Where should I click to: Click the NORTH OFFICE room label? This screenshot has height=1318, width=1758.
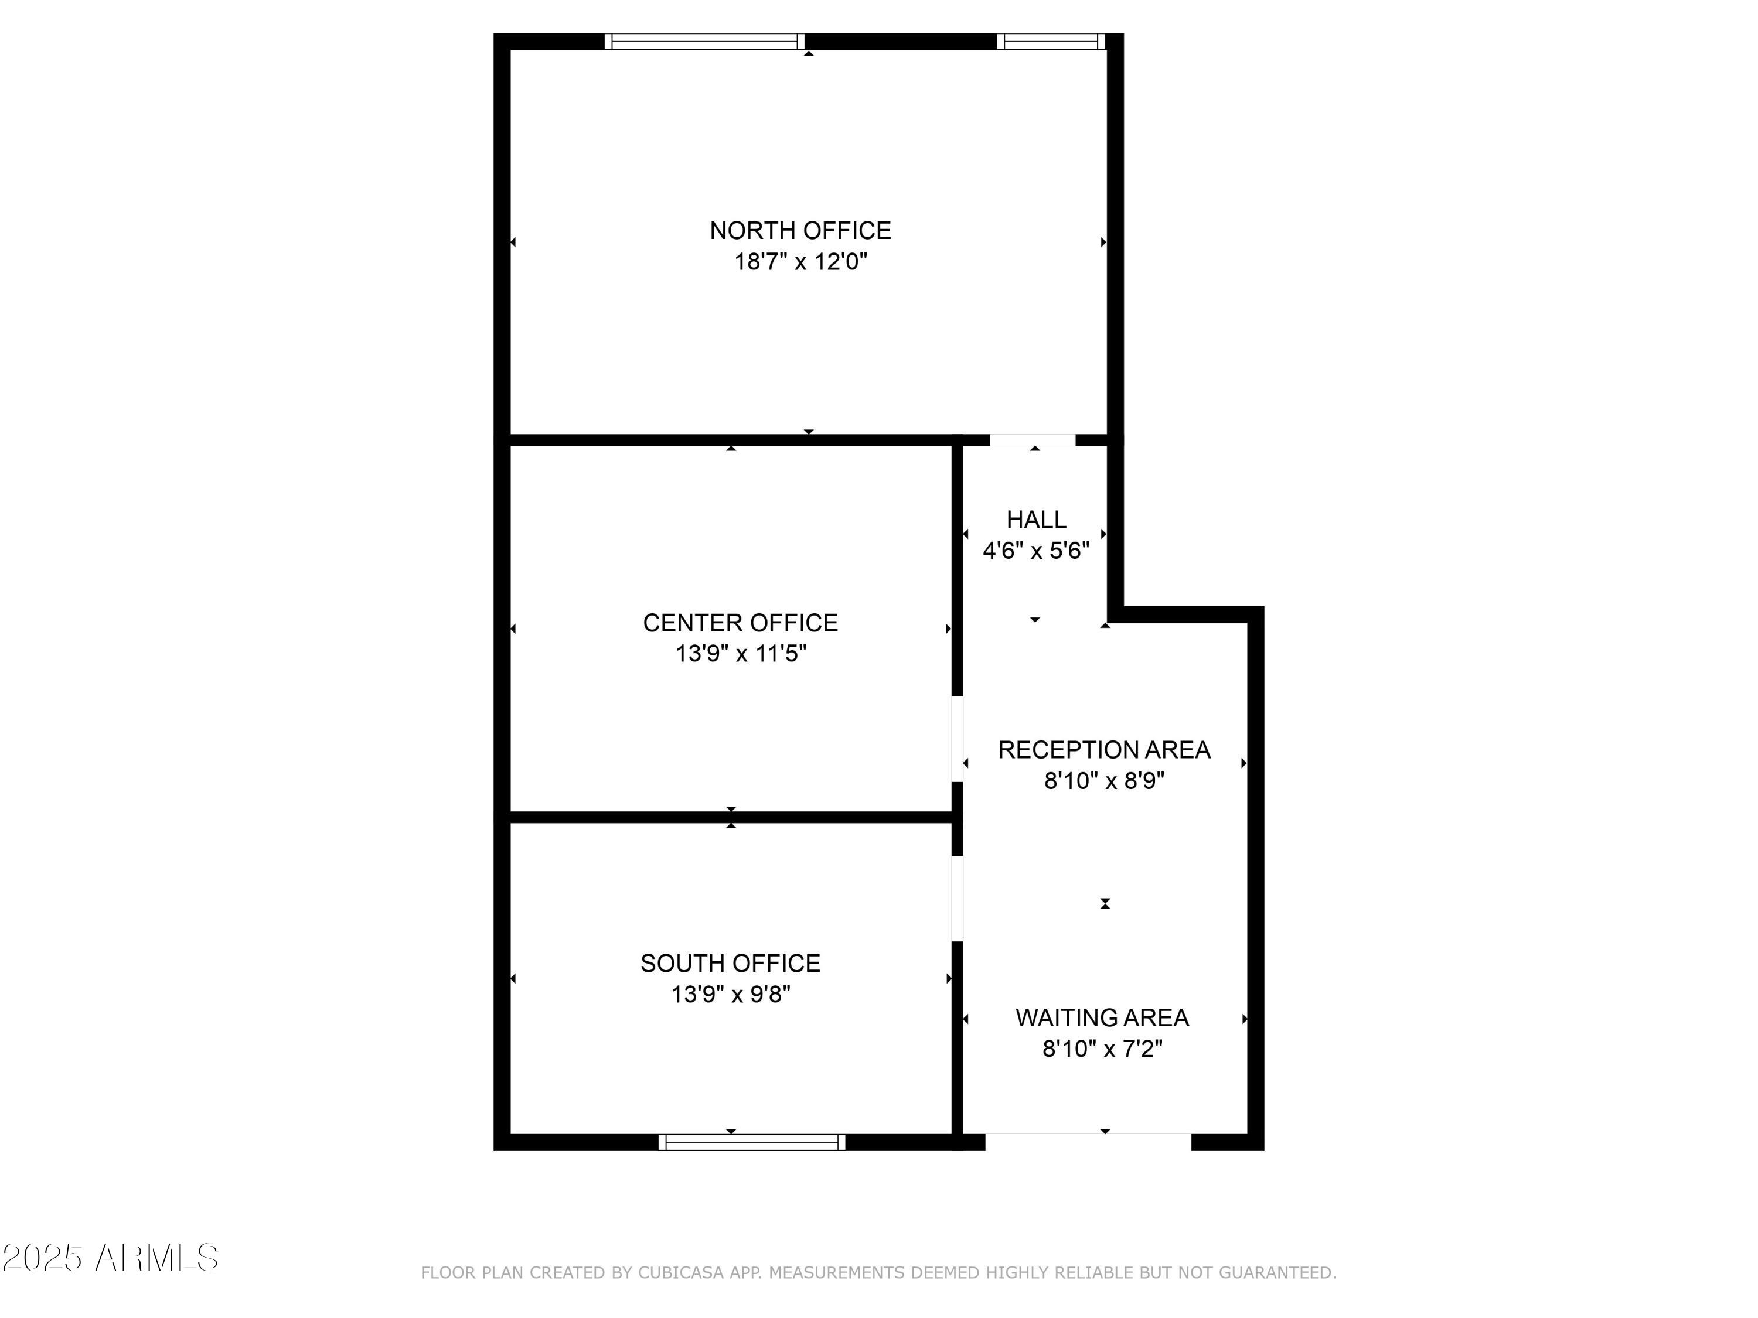coord(800,230)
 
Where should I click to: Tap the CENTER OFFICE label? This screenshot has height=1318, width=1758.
coord(740,623)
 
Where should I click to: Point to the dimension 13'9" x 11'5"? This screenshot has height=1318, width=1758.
coord(741,654)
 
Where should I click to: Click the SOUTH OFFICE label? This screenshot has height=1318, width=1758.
coord(730,963)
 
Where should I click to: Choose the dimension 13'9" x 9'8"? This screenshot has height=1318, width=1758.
coord(730,994)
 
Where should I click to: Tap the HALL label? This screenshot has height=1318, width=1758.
coord(1037,520)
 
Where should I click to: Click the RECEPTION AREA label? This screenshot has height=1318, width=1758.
coord(1104,750)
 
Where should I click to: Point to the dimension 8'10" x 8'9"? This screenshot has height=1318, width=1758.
coord(1104,781)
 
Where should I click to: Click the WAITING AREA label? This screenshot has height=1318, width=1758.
coord(1102,1017)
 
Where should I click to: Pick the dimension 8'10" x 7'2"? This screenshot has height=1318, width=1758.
coord(1102,1049)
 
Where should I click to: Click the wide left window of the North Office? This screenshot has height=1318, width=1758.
coord(704,42)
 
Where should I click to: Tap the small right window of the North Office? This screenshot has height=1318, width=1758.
coord(1051,42)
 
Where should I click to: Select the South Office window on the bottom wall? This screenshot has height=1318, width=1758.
coord(752,1142)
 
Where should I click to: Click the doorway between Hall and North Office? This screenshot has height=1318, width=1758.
coord(1033,440)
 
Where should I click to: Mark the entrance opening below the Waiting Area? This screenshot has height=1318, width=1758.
coord(1088,1142)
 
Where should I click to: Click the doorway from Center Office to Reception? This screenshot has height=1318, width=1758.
coord(958,739)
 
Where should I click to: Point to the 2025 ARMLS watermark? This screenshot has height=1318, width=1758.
coord(111,1258)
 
